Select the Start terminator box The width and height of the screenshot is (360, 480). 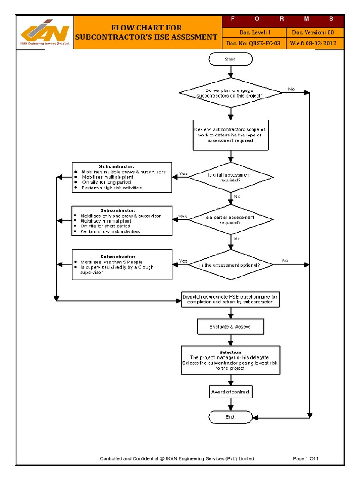230,60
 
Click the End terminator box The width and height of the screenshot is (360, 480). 230,417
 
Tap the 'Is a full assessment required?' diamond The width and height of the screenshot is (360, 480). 230,178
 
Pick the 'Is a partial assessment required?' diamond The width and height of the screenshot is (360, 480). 230,220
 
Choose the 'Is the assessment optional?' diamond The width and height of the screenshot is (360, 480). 230,265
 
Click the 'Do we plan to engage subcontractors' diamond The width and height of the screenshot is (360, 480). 230,92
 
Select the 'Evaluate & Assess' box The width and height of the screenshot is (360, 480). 230,327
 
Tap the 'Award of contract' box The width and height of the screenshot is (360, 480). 230,392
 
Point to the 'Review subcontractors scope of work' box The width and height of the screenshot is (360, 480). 231,135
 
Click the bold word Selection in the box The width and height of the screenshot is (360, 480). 230,352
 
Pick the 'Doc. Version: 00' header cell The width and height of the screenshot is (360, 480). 313,32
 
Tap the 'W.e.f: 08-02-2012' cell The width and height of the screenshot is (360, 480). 313,43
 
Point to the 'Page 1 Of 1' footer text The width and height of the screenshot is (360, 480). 306,458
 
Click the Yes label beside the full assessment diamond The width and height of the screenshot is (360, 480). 183,174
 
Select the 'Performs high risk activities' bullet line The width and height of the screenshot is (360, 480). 112,188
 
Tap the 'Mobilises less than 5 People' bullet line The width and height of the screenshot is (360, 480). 112,262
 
